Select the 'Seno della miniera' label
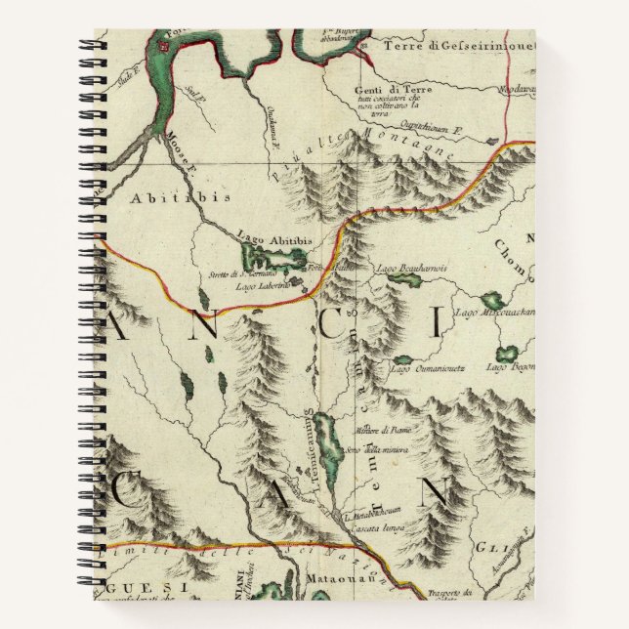coord(374,449)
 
